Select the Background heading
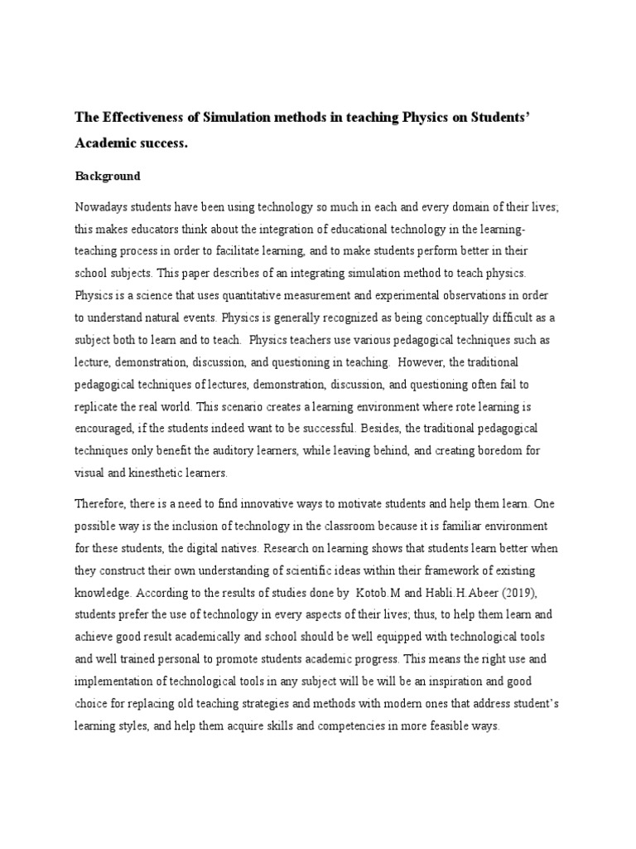click(108, 176)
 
